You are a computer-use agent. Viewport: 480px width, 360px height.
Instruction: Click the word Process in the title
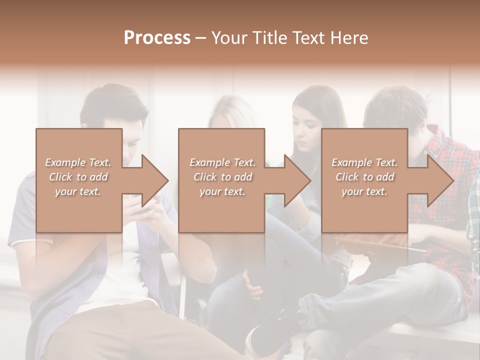point(157,38)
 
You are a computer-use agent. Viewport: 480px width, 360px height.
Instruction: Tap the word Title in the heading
point(270,38)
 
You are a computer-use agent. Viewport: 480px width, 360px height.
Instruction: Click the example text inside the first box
point(78,177)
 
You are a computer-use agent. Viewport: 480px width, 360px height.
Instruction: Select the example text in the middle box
point(222,177)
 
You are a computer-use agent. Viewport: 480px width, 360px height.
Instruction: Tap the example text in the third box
point(364,177)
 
